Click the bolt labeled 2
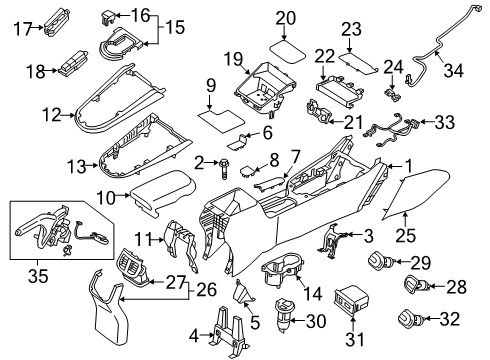224,164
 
